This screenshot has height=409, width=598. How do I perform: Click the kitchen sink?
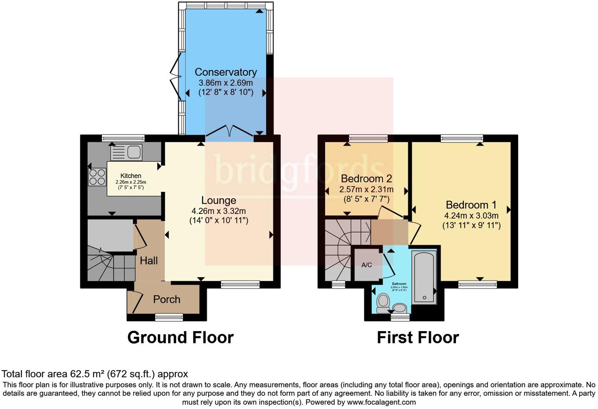pyautogui.click(x=127, y=152)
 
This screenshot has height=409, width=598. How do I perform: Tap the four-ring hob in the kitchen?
pyautogui.click(x=97, y=177)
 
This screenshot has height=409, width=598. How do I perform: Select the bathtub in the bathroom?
pyautogui.click(x=424, y=277)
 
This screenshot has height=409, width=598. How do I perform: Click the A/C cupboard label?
pyautogui.click(x=367, y=265)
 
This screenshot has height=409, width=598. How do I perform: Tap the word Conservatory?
pyautogui.click(x=225, y=72)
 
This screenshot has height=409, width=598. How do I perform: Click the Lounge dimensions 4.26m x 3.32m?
pyautogui.click(x=219, y=211)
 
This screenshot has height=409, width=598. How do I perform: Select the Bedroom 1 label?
pyautogui.click(x=471, y=205)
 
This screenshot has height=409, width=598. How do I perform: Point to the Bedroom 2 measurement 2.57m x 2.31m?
pyautogui.click(x=366, y=190)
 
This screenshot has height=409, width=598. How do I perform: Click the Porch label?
pyautogui.click(x=167, y=299)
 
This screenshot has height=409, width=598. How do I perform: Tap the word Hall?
pyautogui.click(x=149, y=260)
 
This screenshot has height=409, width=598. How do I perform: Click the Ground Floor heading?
pyautogui.click(x=180, y=337)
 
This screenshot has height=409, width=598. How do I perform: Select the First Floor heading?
pyautogui.click(x=418, y=337)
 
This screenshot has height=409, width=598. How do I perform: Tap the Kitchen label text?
pyautogui.click(x=131, y=176)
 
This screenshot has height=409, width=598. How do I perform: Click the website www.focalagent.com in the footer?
pyautogui.click(x=381, y=402)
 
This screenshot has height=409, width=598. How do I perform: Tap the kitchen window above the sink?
pyautogui.click(x=123, y=138)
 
